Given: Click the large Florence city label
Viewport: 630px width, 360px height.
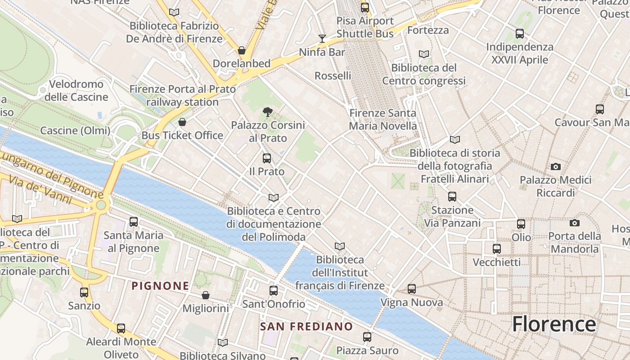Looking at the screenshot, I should (554, 324).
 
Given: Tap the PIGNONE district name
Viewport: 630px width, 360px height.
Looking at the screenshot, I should (160, 286).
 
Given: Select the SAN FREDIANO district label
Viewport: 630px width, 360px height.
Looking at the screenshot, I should (306, 326).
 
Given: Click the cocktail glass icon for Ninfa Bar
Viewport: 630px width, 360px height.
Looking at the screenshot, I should (322, 38).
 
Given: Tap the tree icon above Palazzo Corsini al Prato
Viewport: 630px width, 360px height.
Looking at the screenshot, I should (268, 112).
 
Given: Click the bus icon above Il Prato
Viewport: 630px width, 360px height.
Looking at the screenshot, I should (267, 158).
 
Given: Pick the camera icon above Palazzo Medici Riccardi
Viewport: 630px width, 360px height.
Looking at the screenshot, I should (556, 167).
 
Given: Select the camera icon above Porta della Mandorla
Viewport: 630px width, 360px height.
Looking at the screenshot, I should (574, 223).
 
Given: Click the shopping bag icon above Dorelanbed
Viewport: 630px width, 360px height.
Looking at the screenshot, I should (242, 50).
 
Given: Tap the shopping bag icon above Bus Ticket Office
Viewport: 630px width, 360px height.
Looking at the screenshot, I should (182, 122).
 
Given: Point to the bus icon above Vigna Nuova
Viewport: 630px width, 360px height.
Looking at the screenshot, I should (412, 289).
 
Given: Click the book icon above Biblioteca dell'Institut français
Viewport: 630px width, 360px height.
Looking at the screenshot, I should (340, 247).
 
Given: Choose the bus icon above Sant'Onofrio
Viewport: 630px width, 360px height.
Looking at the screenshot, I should (274, 291).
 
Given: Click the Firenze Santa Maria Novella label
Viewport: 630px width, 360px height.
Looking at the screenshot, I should (383, 119).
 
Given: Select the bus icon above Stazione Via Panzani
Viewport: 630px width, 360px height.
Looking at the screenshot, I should (452, 197).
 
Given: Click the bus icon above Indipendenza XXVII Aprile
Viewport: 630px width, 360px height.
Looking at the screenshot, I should (520, 34).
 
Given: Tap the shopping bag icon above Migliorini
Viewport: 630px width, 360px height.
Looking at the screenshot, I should (206, 295).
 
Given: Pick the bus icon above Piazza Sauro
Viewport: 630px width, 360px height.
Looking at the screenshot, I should (367, 337).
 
